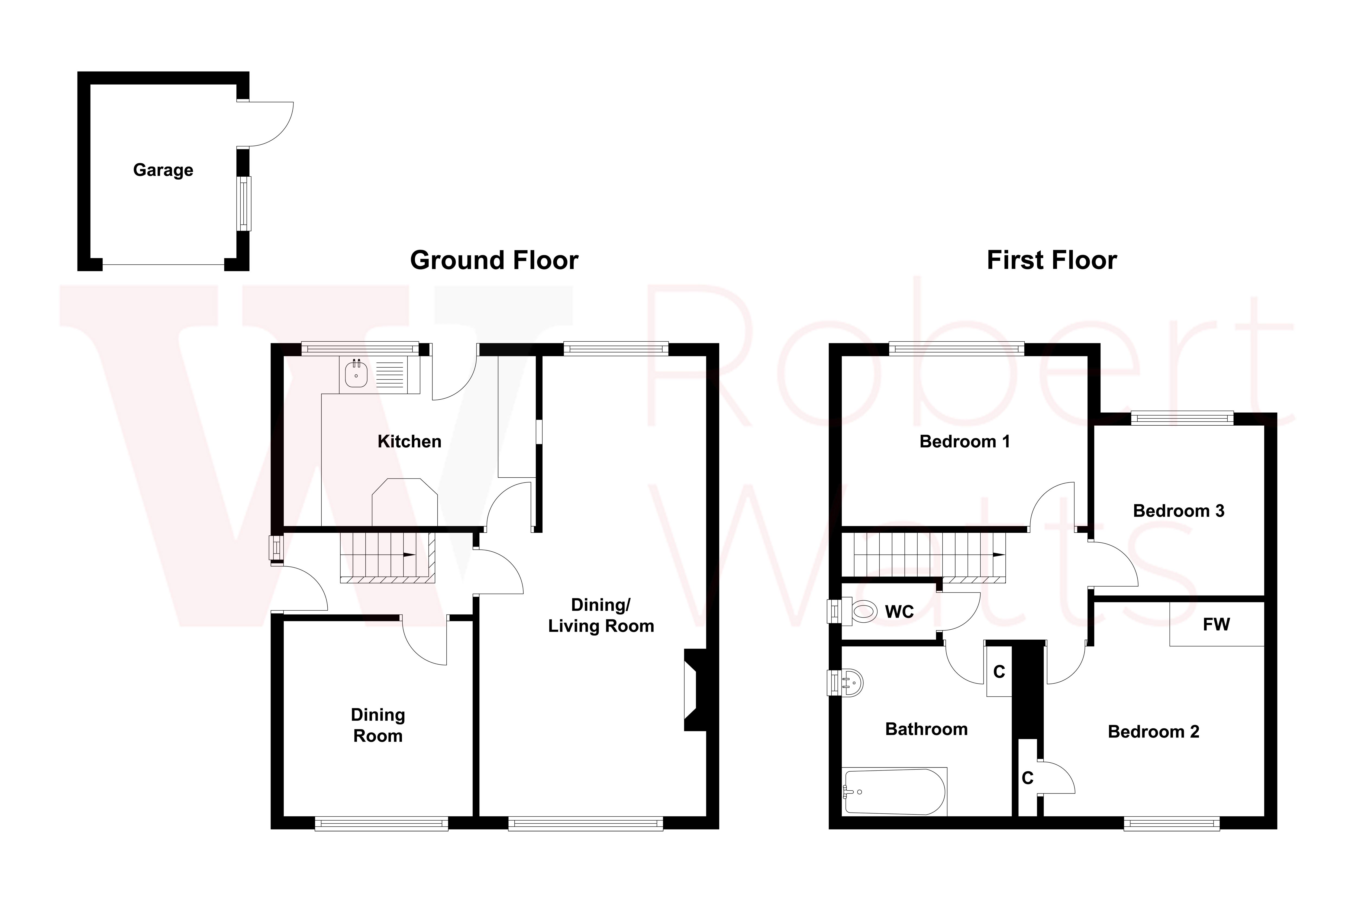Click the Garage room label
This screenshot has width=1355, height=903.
[x=163, y=170]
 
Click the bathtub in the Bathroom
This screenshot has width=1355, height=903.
[x=895, y=792]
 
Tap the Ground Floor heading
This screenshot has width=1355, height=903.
[x=494, y=260]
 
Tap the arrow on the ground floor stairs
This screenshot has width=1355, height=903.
[x=409, y=555]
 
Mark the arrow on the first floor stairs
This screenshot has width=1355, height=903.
[x=999, y=555]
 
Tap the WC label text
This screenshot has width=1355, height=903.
[x=899, y=611]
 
